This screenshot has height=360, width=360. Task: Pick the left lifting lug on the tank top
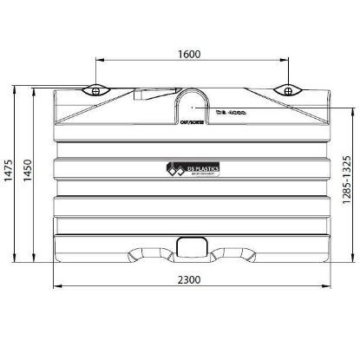tap(95, 89)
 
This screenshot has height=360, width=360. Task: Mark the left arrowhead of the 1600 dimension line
tap(98, 62)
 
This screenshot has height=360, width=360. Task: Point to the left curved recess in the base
tap(149, 254)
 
